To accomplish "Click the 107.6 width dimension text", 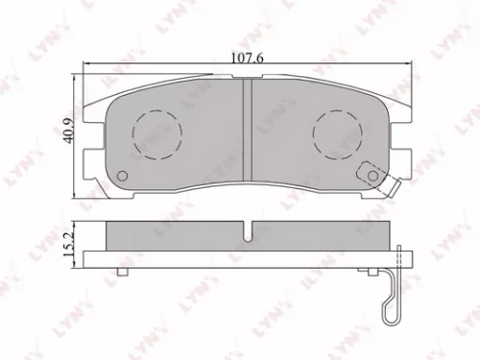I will coord(247,58).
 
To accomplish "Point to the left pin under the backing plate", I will coord(122,271).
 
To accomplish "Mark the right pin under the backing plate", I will coord(371,271).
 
